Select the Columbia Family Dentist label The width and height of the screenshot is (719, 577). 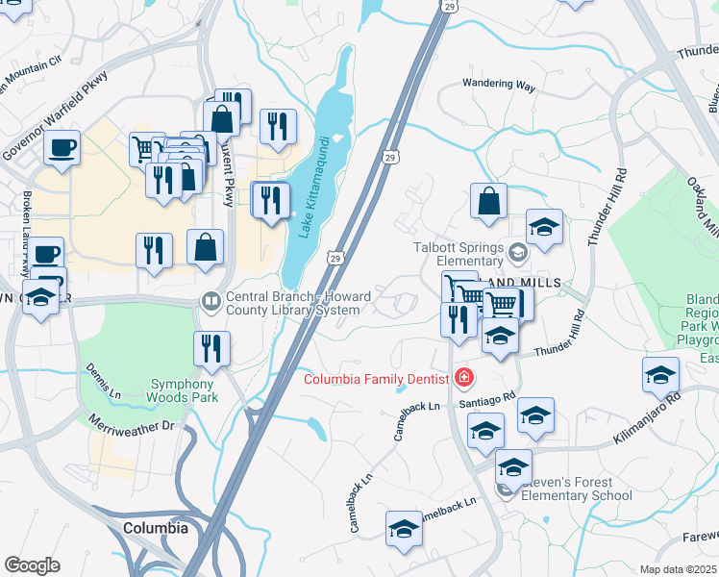[376, 378]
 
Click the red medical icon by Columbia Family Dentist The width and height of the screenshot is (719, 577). [464, 377]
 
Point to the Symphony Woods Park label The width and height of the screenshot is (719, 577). [184, 389]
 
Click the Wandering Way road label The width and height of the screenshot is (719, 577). [498, 85]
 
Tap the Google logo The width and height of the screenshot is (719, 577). [32, 565]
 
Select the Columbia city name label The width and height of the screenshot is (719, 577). [156, 528]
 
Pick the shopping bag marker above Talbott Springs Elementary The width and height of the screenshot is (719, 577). [488, 202]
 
